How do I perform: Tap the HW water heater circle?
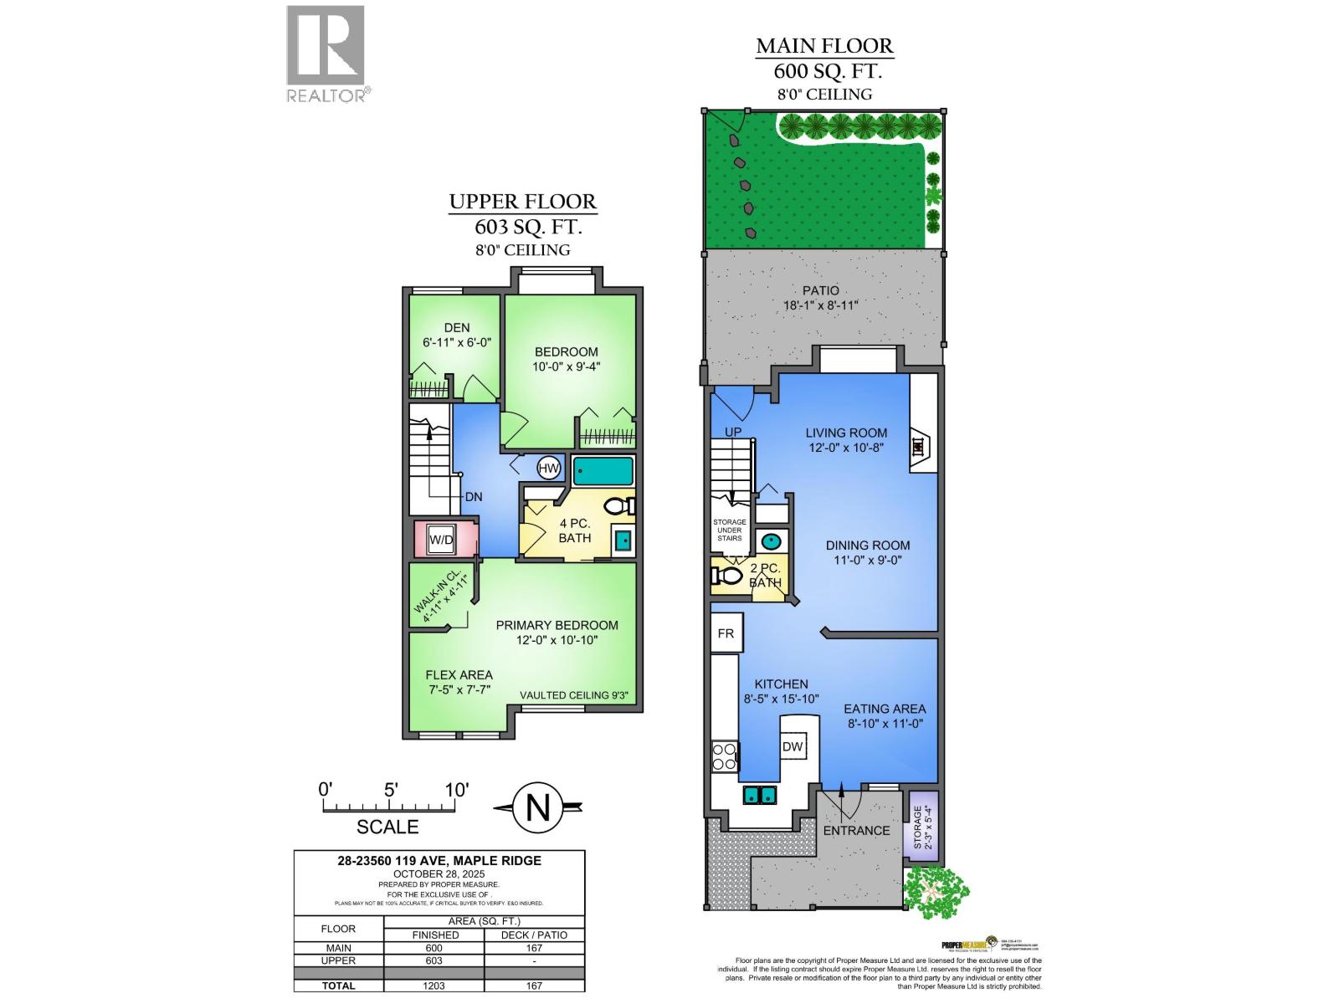[549, 469]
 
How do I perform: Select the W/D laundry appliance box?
[441, 540]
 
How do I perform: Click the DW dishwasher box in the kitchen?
[793, 747]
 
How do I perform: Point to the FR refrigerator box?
[726, 633]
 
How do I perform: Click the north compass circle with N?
[537, 808]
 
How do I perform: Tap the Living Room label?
[846, 433]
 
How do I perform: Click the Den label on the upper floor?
[457, 327]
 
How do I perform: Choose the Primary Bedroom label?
[557, 625]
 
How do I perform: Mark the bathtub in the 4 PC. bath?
[603, 471]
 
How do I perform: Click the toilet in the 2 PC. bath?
[726, 576]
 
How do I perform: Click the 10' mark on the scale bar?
[456, 789]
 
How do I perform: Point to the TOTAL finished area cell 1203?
[434, 986]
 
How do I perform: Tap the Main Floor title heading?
[824, 46]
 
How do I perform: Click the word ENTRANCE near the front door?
[856, 831]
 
